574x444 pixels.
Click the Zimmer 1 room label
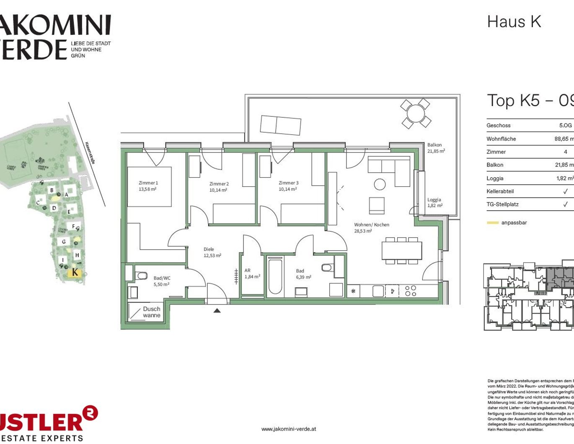(148, 186)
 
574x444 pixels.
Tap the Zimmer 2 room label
(219, 187)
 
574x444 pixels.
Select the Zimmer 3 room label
(288, 186)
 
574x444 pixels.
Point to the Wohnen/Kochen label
(371, 228)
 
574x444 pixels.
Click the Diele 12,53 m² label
(212, 252)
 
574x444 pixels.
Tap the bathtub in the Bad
(275, 277)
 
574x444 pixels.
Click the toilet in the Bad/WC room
(142, 275)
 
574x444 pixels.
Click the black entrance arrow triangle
(217, 311)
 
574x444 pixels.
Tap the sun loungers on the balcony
(280, 125)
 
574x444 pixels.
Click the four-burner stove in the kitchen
(411, 291)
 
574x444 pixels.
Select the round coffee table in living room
(380, 184)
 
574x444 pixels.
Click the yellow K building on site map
(75, 273)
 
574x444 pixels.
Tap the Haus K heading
(514, 22)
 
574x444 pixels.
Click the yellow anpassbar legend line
(493, 223)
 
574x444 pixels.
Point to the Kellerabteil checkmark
(565, 191)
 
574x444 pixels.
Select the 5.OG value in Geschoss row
(565, 125)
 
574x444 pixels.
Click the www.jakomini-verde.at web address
(288, 429)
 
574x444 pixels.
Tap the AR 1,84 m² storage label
(252, 274)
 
